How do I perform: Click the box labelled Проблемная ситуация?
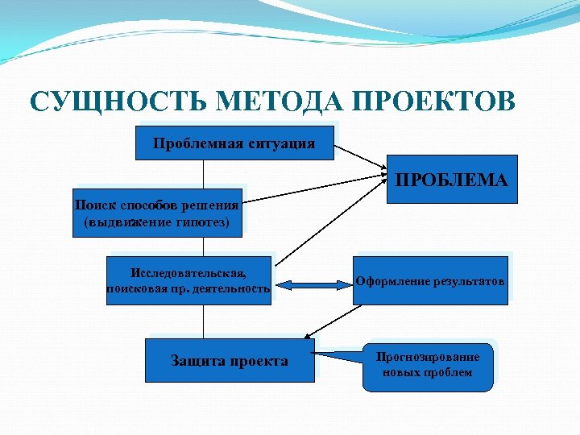click(234, 143)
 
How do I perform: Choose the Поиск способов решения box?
click(156, 212)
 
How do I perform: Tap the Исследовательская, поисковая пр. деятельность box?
click(189, 280)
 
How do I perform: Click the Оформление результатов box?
click(430, 280)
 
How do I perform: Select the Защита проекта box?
click(230, 360)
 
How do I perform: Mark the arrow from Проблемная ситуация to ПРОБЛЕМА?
click(360, 158)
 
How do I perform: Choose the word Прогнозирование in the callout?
click(428, 357)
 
